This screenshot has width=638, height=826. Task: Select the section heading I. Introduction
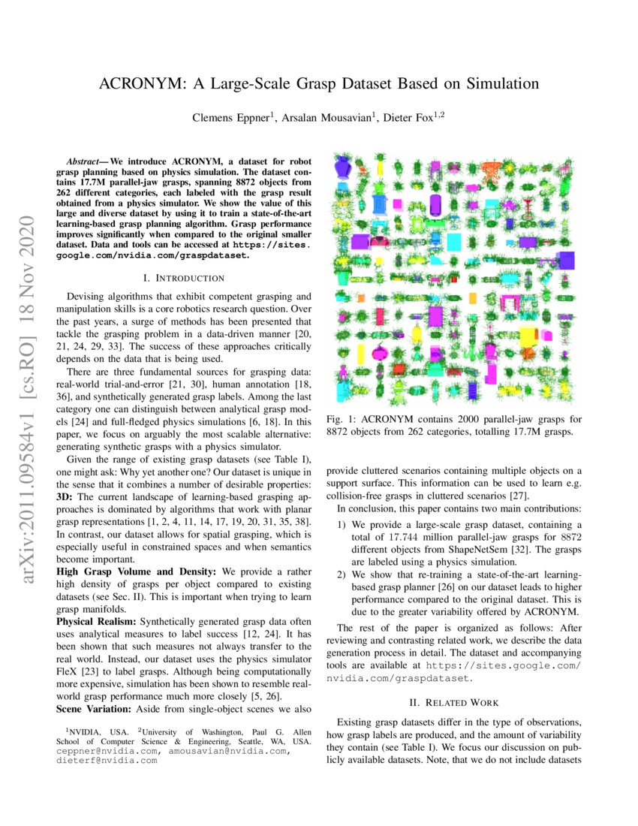185,277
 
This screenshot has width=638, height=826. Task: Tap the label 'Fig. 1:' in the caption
342,418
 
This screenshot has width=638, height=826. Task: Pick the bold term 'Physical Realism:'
97,623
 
